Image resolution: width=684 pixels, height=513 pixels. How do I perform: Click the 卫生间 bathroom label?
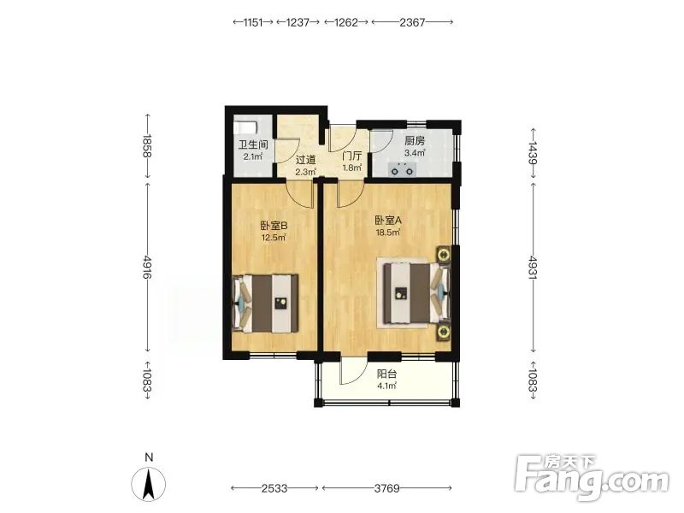(253, 144)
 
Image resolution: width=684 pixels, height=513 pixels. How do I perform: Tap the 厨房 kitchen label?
(415, 141)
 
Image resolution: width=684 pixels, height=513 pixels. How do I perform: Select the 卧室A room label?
(388, 221)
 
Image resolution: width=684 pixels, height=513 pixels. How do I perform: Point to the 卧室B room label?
(274, 226)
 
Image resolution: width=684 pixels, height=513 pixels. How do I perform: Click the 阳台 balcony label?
(386, 374)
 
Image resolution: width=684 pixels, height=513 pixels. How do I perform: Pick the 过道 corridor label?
(305, 160)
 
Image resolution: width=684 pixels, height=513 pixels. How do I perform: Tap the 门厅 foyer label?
(352, 156)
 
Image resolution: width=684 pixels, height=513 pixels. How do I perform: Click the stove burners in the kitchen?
(402, 168)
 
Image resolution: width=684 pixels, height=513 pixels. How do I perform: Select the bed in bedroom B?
(266, 304)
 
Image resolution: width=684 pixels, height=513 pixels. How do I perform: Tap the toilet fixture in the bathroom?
(245, 127)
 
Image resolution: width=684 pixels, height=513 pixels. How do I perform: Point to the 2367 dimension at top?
(412, 22)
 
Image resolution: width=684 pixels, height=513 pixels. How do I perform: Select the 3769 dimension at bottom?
(387, 488)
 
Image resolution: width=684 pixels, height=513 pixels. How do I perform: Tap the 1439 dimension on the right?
(533, 152)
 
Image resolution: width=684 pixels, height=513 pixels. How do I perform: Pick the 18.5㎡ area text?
(388, 232)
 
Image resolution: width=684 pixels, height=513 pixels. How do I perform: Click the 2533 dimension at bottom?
(274, 488)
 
